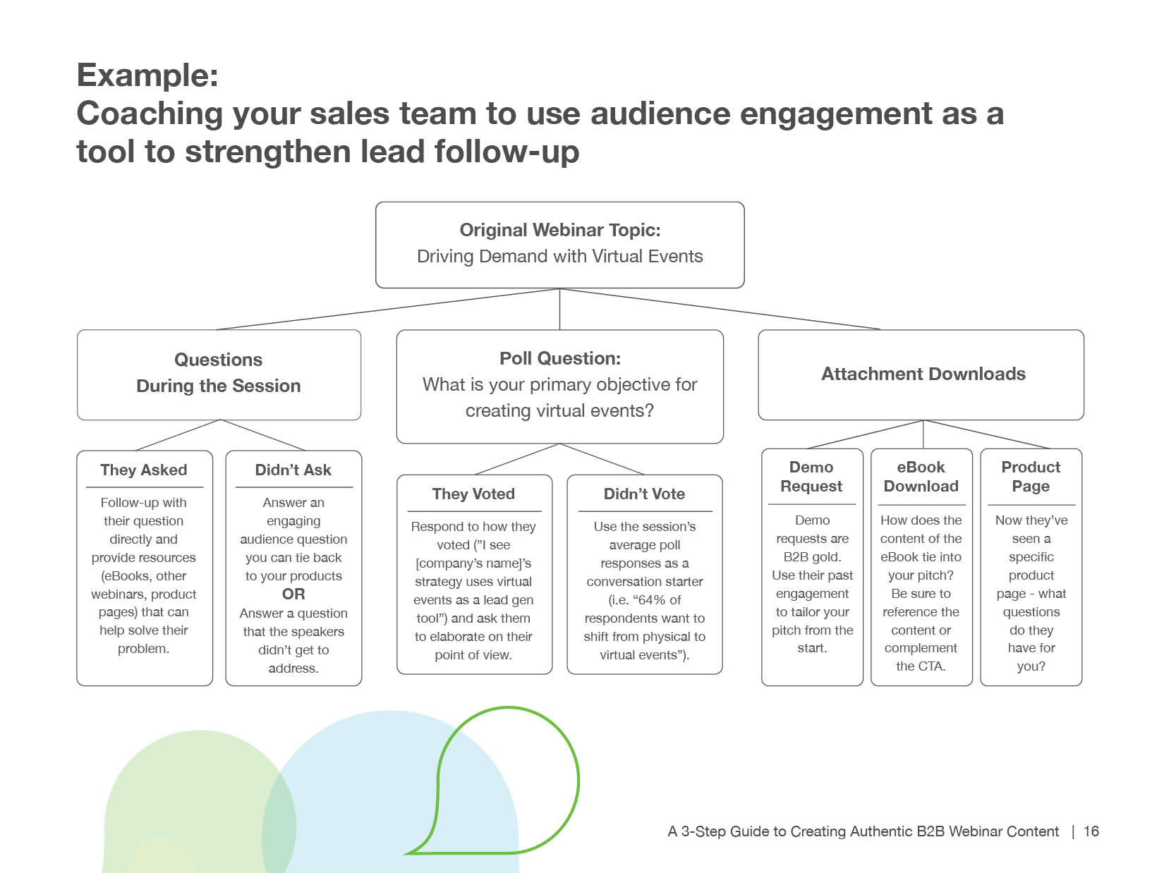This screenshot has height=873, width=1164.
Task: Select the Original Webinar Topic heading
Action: click(559, 230)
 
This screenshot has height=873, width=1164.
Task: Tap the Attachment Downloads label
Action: click(923, 374)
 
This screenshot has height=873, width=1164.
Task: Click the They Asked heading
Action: click(144, 470)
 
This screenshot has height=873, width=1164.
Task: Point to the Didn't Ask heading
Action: click(293, 470)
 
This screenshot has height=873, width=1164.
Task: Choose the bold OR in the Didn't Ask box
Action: click(293, 594)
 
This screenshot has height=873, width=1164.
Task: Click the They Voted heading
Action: click(473, 494)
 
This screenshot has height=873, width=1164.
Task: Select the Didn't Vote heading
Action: click(644, 494)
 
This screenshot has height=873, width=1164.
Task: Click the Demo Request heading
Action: click(811, 477)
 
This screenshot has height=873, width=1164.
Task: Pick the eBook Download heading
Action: click(921, 477)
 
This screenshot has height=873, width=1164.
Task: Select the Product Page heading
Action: click(1031, 477)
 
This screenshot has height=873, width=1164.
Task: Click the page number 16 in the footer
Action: click(1091, 831)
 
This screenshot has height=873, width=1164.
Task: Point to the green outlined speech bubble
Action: click(508, 776)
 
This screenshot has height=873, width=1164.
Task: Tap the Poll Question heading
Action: click(559, 358)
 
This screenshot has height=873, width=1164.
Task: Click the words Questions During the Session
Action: click(219, 373)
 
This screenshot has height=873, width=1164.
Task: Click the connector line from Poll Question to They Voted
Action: click(517, 459)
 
